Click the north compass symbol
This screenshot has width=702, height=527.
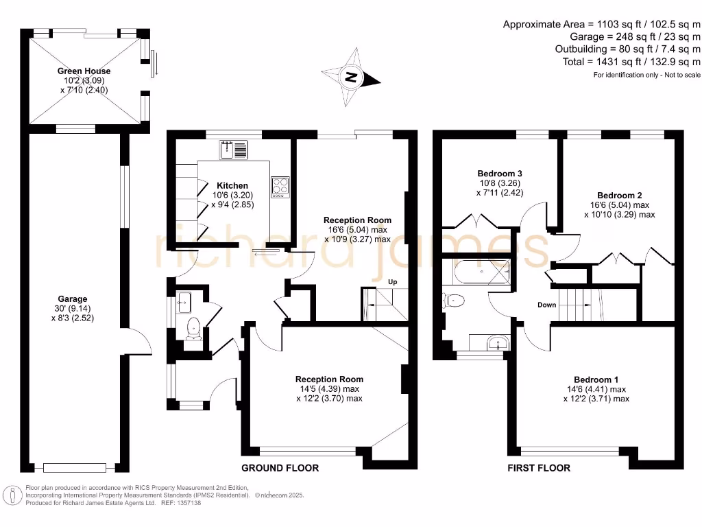[351, 77]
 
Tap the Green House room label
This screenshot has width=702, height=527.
[84, 71]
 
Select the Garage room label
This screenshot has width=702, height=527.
[73, 298]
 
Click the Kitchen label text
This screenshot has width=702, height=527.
[232, 185]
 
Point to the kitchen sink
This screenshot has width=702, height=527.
[234, 149]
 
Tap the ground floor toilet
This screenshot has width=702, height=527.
[194, 329]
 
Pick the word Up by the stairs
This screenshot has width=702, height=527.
[394, 282]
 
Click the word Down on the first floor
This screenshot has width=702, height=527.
[547, 305]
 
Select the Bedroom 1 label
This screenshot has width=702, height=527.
[596, 379]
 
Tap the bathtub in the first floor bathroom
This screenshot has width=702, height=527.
[476, 272]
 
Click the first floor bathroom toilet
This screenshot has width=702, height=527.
[455, 300]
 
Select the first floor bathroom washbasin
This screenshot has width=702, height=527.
[494, 342]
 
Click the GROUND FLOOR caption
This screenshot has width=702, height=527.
[280, 468]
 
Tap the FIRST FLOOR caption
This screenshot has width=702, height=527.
[539, 468]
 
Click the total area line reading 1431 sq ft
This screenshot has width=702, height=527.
[629, 62]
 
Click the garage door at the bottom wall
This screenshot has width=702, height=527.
[75, 468]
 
